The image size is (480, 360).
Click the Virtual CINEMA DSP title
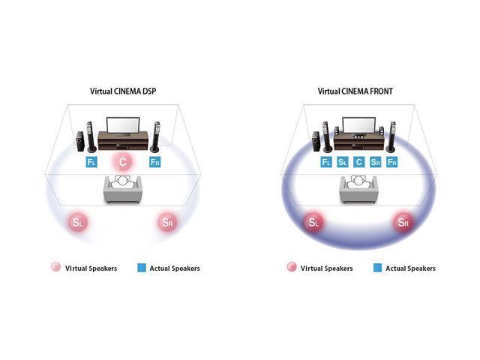tap(123, 91)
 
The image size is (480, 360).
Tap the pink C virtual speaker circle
tap(122, 162)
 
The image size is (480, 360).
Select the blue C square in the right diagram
tap(359, 162)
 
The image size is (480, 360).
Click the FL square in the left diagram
tap(91, 162)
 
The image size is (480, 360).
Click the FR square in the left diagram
tap(154, 162)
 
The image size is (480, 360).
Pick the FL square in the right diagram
tap(326, 162)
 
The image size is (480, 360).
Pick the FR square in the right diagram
tap(391, 162)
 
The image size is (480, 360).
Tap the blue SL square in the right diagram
tap(343, 162)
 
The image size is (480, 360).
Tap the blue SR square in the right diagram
tap(376, 162)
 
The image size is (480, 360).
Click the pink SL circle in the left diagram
tap(79, 222)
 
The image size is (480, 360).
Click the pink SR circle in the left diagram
tap(167, 222)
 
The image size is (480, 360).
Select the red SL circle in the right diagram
tap(314, 222)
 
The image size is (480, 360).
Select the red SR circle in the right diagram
tap(403, 222)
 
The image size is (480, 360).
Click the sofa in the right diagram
tap(358, 190)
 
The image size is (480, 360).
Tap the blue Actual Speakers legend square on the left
tap(142, 268)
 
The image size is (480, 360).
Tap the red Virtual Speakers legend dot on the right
tap(290, 267)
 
